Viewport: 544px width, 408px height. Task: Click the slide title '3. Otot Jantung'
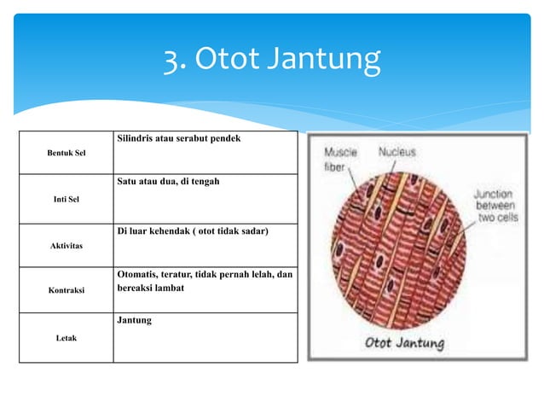click(272, 60)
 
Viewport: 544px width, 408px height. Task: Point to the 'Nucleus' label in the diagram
click(397, 153)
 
